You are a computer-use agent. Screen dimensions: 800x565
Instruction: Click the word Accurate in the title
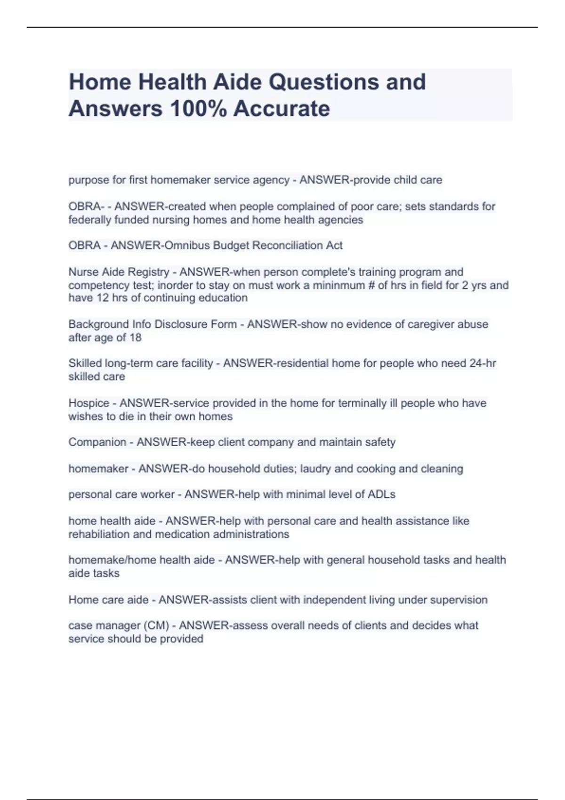[x=282, y=109]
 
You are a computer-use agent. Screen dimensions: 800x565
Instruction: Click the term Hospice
[x=89, y=403]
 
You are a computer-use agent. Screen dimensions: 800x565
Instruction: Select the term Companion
[x=97, y=442]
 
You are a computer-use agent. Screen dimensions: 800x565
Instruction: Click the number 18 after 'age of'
[x=135, y=338]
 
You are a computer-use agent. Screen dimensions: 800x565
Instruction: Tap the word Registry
[x=149, y=272]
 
